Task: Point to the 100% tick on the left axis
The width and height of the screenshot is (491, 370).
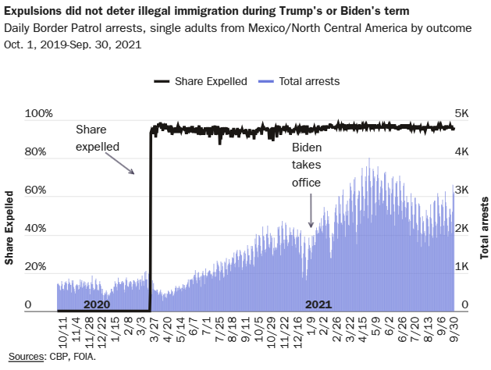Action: pos(39,114)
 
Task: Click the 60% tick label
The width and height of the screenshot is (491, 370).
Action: pos(39,190)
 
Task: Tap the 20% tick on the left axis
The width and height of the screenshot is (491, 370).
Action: pos(39,267)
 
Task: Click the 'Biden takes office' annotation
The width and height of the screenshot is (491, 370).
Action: pos(307,165)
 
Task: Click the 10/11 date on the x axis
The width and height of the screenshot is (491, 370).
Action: pos(62,329)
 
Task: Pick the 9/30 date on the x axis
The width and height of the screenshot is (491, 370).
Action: pos(453,329)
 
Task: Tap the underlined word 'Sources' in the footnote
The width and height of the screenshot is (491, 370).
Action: pos(23,357)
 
